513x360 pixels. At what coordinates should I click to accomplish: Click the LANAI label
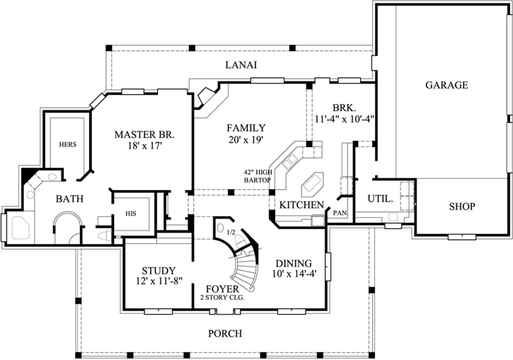pyautogui.click(x=241, y=65)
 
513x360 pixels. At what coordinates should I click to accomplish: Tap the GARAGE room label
pyautogui.click(x=446, y=86)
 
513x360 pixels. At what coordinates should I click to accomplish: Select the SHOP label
pyautogui.click(x=462, y=207)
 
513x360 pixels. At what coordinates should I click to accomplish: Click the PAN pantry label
pyautogui.click(x=340, y=211)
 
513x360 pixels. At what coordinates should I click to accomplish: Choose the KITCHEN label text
pyautogui.click(x=301, y=205)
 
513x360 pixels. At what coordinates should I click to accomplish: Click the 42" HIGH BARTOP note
pyautogui.click(x=258, y=176)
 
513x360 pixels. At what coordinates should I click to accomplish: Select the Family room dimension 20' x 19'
pyautogui.click(x=246, y=140)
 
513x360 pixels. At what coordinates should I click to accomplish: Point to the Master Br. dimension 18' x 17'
pyautogui.click(x=144, y=146)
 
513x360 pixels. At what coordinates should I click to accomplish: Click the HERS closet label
pyautogui.click(x=67, y=144)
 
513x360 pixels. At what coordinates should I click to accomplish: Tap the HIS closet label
pyautogui.click(x=131, y=212)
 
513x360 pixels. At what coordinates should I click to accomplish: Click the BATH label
pyautogui.click(x=70, y=199)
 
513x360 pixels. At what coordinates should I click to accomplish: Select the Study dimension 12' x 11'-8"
pyautogui.click(x=154, y=281)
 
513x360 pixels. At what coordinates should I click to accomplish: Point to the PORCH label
pyautogui.click(x=225, y=333)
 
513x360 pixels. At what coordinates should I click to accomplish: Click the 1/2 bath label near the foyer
pyautogui.click(x=231, y=231)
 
